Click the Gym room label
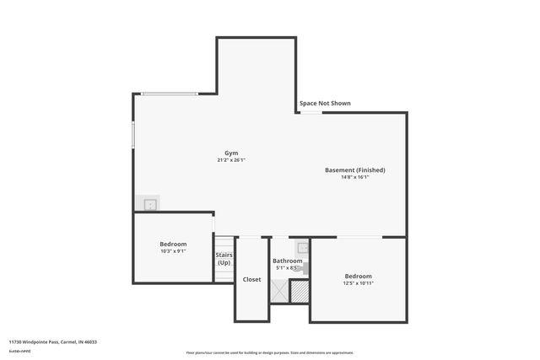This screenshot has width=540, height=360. coord(230,153)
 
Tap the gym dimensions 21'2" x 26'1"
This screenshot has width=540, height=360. coord(230,160)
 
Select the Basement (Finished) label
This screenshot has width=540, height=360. coord(355,170)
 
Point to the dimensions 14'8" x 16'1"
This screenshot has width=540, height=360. coord(355,178)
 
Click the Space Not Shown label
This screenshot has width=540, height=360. coord(325,104)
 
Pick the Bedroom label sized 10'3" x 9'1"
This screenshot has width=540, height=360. coord(173,244)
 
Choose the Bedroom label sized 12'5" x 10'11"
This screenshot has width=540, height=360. coord(358,276)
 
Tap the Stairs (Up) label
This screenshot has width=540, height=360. coord(224,258)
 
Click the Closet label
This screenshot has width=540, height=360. coord(252,279)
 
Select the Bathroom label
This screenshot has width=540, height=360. coord(288,261)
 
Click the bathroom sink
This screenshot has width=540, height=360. coord(303,249)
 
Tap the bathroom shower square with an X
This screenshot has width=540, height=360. coord(278,291)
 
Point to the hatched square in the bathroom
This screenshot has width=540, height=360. coord(300,291)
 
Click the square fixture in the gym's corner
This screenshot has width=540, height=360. coord(149,204)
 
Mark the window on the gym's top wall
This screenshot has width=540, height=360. coord(170,94)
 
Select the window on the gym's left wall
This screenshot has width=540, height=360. coord(133,136)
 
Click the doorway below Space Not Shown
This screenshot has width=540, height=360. coord(311,112)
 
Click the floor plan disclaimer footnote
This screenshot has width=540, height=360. coord(270,352)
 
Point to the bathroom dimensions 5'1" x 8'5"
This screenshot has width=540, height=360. coord(288,269)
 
